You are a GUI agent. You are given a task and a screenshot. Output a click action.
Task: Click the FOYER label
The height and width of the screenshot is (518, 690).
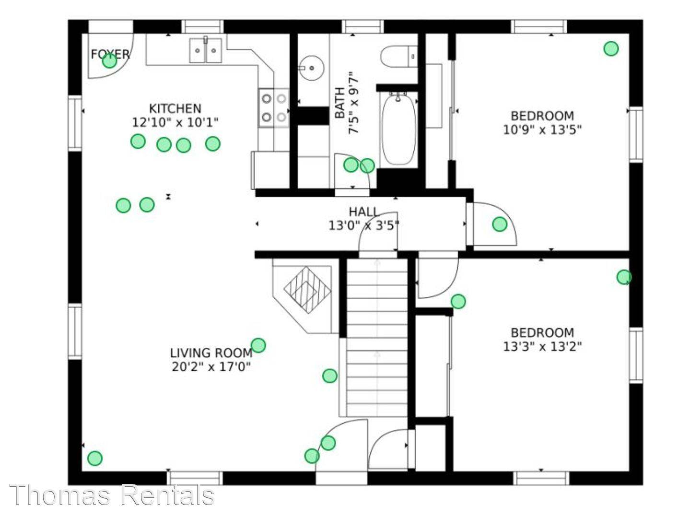pyautogui.click(x=110, y=54)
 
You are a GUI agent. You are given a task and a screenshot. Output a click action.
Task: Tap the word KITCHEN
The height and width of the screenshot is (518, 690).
pyautogui.click(x=175, y=109)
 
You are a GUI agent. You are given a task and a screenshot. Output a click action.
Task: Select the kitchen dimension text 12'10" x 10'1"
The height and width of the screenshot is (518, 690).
pyautogui.click(x=175, y=122)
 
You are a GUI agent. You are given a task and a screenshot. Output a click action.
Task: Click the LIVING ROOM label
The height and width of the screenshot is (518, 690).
pyautogui.click(x=211, y=353)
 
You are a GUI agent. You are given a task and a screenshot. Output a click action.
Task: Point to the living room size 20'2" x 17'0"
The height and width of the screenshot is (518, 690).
pyautogui.click(x=211, y=366)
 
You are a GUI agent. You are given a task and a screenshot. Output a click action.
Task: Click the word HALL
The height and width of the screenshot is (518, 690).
pyautogui.click(x=364, y=212)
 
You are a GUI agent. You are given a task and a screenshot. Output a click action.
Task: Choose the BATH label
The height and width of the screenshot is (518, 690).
pyautogui.click(x=340, y=103)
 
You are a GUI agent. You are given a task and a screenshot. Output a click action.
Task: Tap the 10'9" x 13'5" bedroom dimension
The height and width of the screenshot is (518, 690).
pyautogui.click(x=542, y=129)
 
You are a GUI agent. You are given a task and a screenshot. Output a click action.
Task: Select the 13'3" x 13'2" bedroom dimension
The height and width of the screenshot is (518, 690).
pyautogui.click(x=542, y=346)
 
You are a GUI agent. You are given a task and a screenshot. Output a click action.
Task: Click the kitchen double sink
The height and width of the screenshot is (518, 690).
pyautogui.click(x=206, y=50)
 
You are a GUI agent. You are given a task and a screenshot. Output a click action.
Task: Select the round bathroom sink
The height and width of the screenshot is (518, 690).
pyautogui.click(x=311, y=68)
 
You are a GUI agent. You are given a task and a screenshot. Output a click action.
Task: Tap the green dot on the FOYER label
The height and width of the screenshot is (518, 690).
pyautogui.click(x=109, y=61)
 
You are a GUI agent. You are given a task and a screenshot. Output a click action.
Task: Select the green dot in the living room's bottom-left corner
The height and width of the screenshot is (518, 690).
pyautogui.click(x=94, y=458)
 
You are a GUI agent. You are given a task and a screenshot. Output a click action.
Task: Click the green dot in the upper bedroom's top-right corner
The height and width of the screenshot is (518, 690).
pyautogui.click(x=611, y=49)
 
